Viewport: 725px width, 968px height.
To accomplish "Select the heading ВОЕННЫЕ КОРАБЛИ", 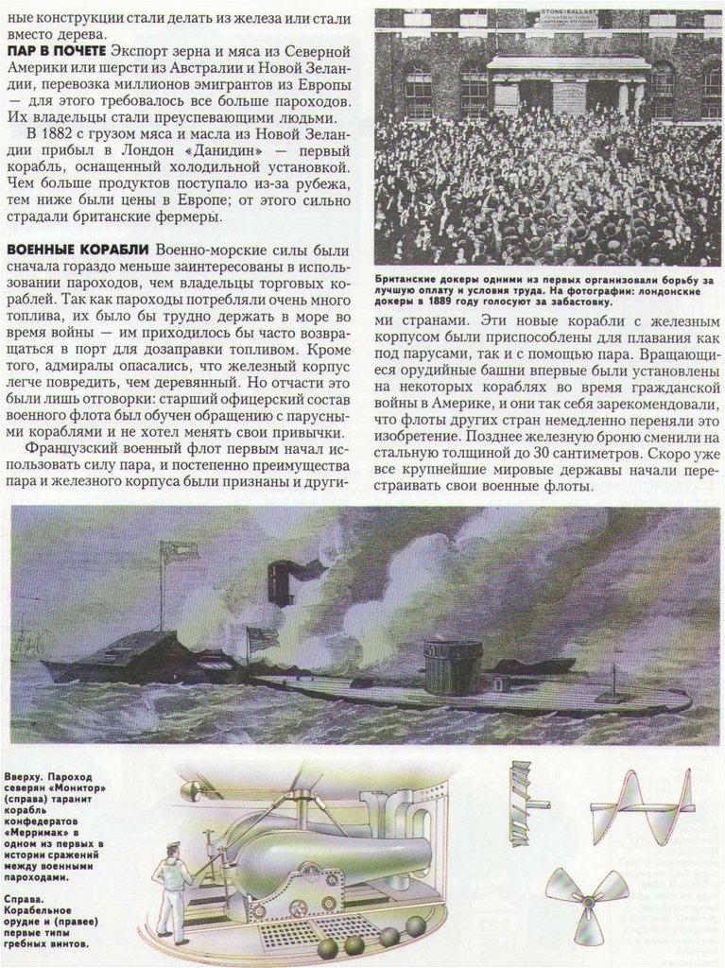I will (x=78, y=250).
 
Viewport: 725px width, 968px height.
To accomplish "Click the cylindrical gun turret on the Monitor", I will (x=441, y=667).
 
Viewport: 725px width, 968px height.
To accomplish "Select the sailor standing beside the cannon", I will (x=172, y=889).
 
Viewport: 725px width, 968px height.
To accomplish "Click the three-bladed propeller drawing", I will (x=586, y=897).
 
